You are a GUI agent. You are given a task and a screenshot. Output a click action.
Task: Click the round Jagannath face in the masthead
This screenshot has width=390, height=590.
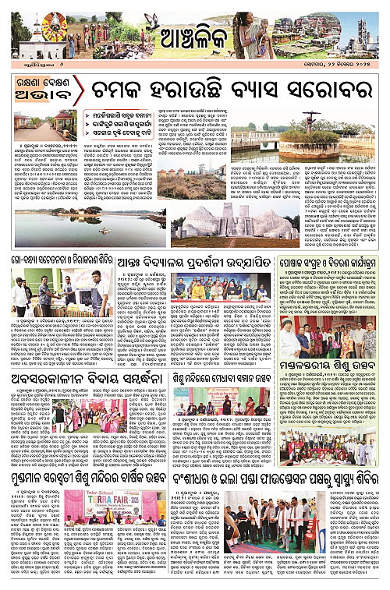tap(55, 26)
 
